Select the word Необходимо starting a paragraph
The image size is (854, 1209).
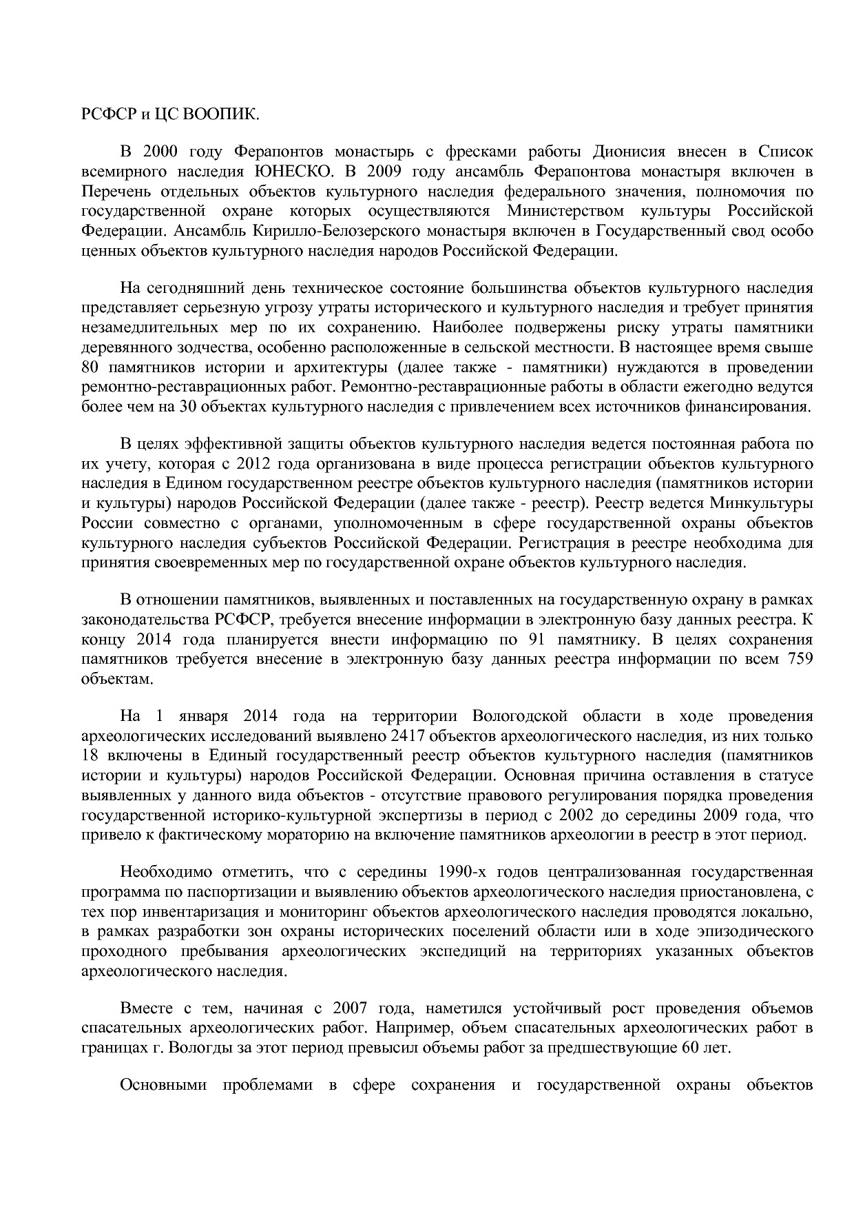click(x=159, y=873)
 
